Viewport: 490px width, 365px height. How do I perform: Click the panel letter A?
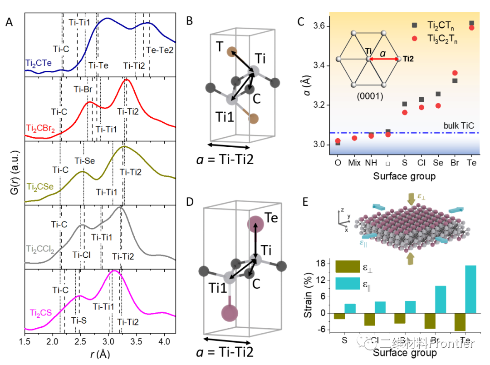coord(9,22)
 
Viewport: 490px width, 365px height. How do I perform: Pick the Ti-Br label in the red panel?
coord(84,90)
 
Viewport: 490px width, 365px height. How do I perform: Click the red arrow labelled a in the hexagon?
coord(383,59)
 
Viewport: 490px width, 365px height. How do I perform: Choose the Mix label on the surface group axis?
coord(354,162)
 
